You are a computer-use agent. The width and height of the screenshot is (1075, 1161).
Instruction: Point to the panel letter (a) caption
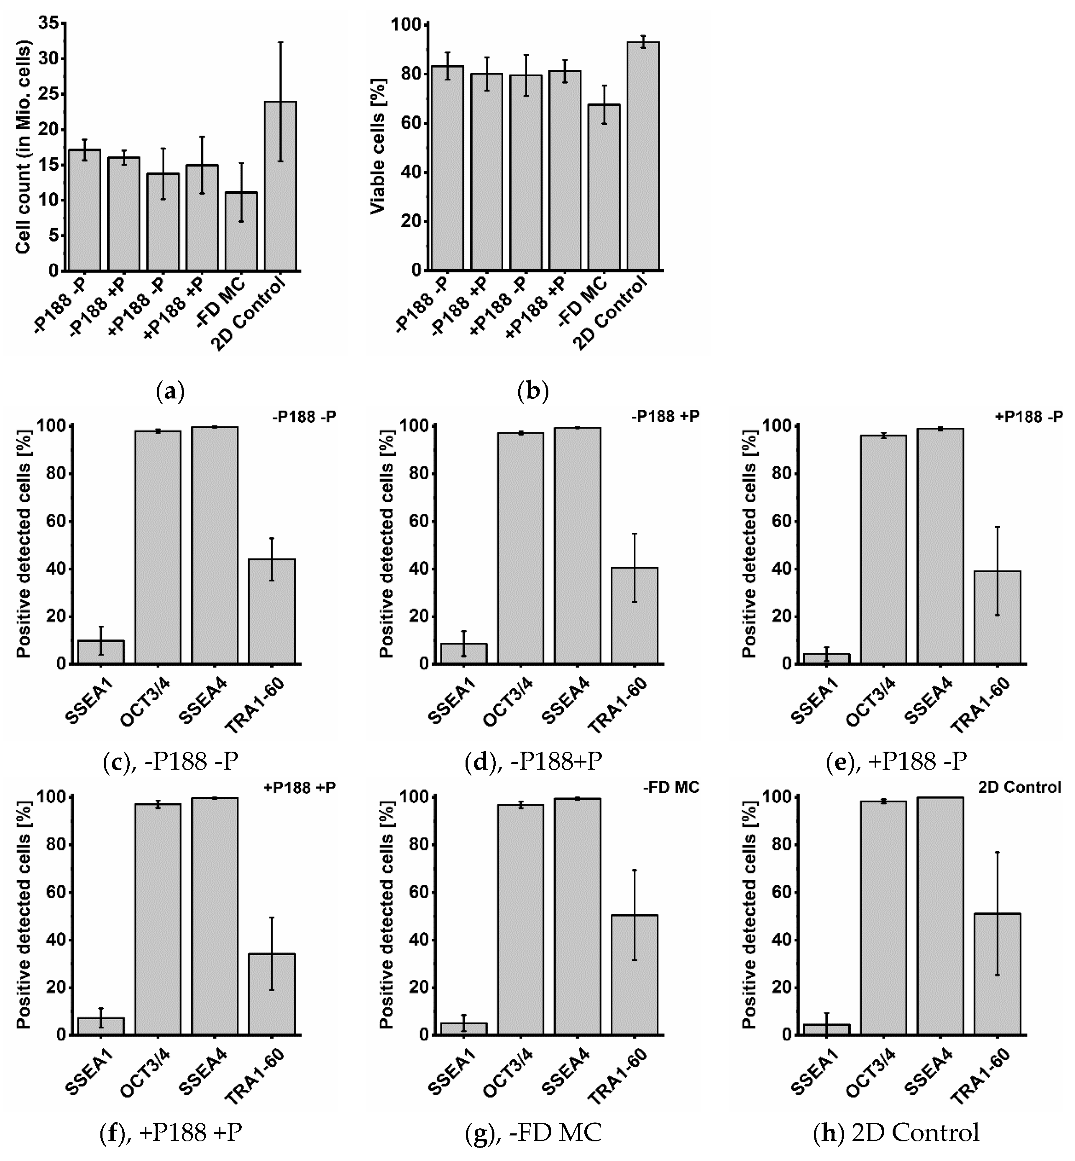coord(170,392)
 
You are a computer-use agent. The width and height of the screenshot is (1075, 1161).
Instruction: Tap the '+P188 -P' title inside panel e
coord(1029,417)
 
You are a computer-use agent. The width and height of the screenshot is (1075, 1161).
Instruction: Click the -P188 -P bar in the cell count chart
coord(84,210)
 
